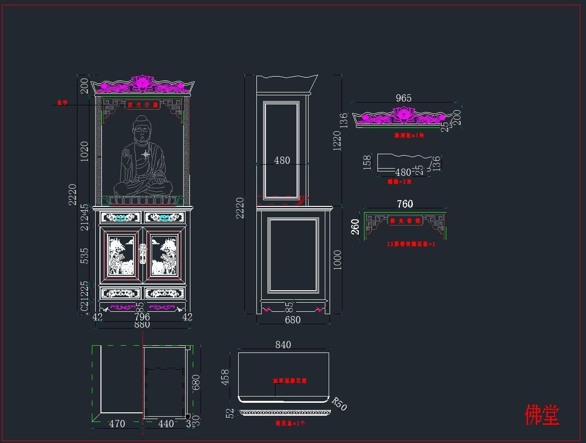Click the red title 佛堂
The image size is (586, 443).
[542, 415]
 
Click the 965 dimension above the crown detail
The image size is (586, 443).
[403, 98]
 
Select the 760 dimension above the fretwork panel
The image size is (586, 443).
[405, 204]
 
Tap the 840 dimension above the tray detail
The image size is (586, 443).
[283, 345]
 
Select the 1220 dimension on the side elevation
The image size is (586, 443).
[337, 140]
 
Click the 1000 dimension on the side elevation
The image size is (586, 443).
[337, 260]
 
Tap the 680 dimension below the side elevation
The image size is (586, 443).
[292, 319]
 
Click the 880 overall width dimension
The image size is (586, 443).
[142, 324]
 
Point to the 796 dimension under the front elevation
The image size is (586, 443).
[142, 317]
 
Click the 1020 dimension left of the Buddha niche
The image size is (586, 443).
[85, 151]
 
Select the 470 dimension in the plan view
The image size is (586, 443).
[117, 423]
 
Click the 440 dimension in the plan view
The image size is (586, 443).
[166, 423]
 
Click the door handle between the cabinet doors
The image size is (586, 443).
[142, 253]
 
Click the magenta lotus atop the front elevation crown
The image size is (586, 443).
[142, 82]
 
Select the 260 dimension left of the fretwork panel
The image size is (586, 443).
[355, 227]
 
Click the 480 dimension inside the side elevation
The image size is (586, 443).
[282, 160]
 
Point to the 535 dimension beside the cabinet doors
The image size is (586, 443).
[85, 255]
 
